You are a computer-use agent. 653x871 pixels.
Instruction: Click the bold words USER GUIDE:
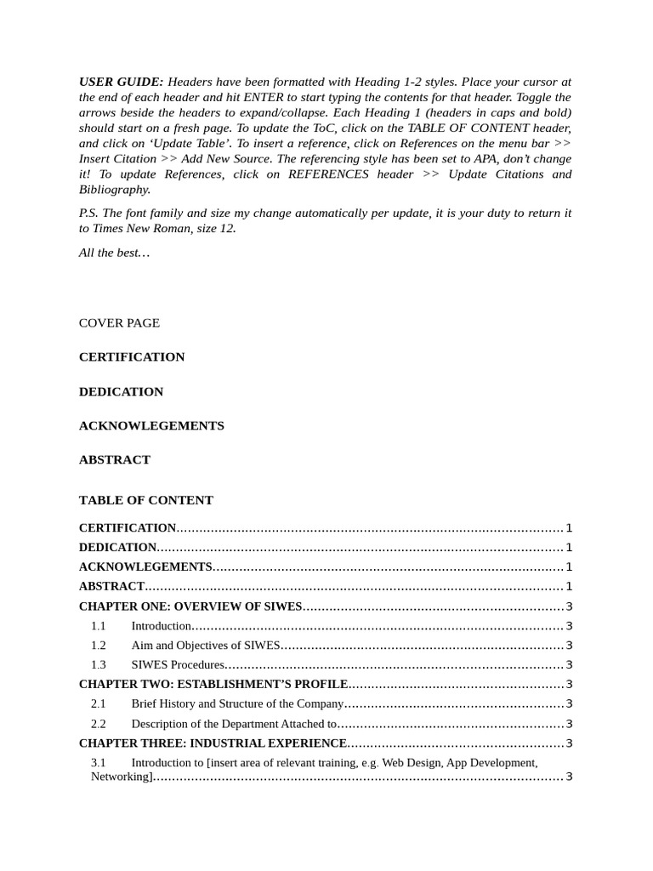click(121, 82)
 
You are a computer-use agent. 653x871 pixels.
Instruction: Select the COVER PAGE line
click(119, 323)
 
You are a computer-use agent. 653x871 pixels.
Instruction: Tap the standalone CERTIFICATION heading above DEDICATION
click(132, 357)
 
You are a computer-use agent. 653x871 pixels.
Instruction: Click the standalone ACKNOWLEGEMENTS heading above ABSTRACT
click(151, 425)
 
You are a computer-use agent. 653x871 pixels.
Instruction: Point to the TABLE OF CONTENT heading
click(146, 500)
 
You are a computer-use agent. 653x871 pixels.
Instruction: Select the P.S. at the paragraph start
click(88, 213)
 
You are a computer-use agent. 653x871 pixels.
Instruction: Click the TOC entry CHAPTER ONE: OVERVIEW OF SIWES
click(190, 606)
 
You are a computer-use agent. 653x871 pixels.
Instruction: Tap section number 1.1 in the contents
click(99, 626)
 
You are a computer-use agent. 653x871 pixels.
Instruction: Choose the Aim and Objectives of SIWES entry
click(206, 646)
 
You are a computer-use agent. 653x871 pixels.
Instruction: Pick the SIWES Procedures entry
click(178, 665)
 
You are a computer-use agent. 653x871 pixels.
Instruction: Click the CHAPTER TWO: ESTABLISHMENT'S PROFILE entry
click(213, 684)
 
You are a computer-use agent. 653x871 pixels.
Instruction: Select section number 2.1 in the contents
click(99, 703)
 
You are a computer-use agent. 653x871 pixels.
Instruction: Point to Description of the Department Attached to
click(234, 724)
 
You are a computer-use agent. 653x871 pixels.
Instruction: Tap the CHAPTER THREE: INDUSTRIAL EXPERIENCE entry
click(213, 743)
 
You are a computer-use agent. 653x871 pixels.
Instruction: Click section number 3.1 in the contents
click(99, 763)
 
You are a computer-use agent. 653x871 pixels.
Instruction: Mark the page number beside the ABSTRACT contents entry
click(569, 586)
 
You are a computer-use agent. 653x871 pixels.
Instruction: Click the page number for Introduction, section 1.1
click(569, 626)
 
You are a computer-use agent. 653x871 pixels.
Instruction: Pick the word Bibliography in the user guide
click(115, 190)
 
